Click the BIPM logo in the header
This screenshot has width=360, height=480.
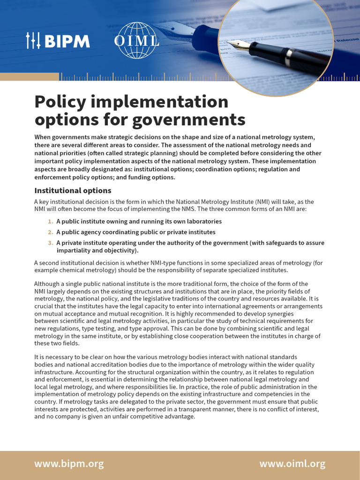[x=58, y=41]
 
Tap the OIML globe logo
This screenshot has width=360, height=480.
[x=136, y=41]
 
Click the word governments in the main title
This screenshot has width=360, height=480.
[x=188, y=120]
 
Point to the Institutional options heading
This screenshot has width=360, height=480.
[x=73, y=190]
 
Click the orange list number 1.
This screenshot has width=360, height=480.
[x=51, y=221]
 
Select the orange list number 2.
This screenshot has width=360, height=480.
[x=51, y=232]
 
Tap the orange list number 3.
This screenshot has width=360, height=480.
[x=51, y=243]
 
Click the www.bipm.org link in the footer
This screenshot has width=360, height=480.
[x=69, y=464]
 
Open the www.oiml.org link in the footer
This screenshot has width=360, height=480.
[x=292, y=464]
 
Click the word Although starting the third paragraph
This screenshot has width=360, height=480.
[x=48, y=284]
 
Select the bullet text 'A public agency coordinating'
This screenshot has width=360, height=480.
[x=99, y=232]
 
